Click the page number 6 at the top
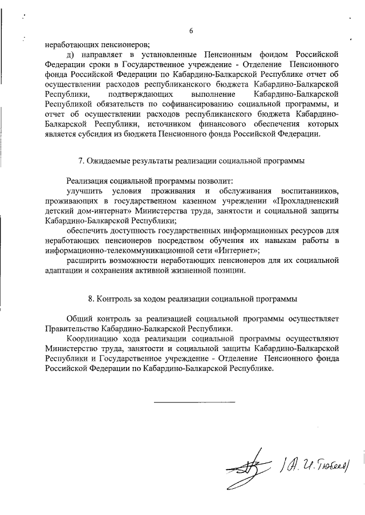click(192, 31)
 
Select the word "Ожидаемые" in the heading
click(109, 161)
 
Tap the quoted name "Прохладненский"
click(306, 201)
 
